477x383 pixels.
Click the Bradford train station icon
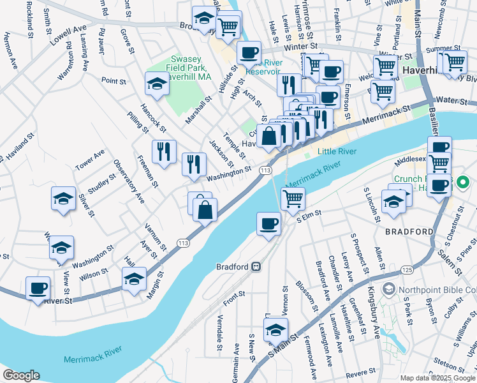256,266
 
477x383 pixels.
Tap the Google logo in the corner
22,375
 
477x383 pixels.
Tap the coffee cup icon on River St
38,287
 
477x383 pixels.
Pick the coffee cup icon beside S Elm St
268,223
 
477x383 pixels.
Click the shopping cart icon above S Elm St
293,199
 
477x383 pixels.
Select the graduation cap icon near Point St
156,83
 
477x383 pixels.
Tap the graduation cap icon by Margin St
134,279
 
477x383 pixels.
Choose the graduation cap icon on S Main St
275,330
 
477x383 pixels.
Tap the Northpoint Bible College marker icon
386,289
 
